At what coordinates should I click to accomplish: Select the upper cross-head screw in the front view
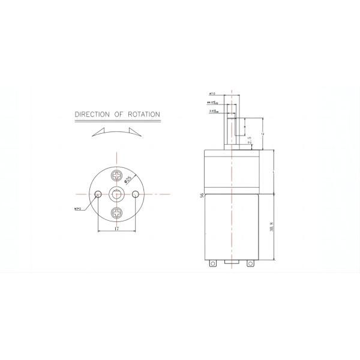(117, 176)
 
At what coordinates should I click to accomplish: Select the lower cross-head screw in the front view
(117, 212)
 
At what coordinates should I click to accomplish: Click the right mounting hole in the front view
(136, 194)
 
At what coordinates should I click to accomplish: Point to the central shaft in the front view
(117, 194)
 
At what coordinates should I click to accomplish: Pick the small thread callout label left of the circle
(78, 209)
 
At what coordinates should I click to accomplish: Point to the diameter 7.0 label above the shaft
(212, 94)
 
